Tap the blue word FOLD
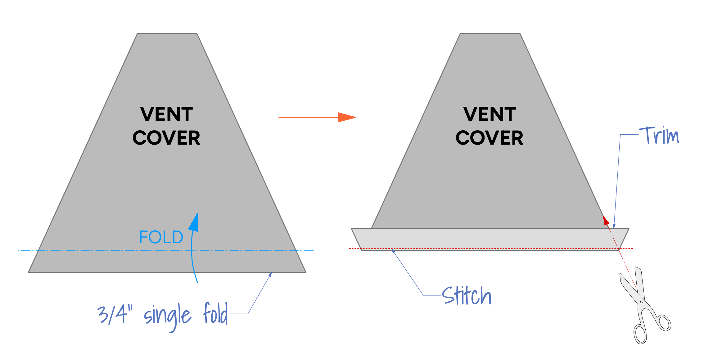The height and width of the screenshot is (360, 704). pos(161,237)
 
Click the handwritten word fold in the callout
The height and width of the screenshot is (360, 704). pos(215,313)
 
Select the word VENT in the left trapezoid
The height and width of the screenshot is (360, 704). pos(166,115)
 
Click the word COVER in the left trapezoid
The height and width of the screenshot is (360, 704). pos(166,138)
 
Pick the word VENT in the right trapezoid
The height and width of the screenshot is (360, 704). pos(490,115)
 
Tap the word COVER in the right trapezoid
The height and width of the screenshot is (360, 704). pos(490,138)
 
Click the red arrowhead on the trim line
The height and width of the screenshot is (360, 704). pos(606,221)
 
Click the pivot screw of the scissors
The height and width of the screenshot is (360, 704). pos(641,302)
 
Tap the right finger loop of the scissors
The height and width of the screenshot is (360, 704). pos(664,323)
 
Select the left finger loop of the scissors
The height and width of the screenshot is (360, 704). pos(640,334)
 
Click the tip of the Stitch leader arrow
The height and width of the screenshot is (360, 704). pos(393,250)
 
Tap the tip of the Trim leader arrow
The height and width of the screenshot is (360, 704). pos(614,227)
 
